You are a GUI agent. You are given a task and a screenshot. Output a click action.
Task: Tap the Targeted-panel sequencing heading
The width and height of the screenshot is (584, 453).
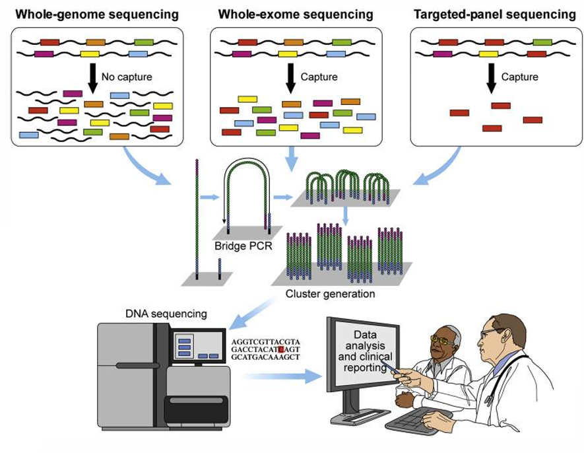494,15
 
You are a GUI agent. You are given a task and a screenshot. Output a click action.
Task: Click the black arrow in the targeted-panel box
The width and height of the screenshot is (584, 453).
491,77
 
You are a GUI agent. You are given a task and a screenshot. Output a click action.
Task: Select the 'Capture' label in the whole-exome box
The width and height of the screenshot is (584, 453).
319,77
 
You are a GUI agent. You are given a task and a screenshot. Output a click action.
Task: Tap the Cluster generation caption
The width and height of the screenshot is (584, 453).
330,294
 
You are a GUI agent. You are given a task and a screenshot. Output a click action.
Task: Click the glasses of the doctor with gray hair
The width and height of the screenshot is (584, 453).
443,341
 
